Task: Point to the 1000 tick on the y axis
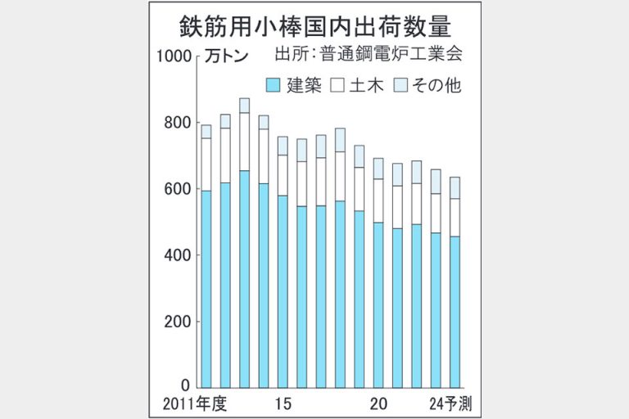coord(174,56)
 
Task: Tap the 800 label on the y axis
coord(178,123)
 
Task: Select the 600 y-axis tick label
coord(178,190)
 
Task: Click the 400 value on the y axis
coord(178,256)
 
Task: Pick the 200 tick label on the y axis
coord(178,322)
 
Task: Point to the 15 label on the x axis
coord(283,403)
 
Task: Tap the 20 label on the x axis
coord(378,403)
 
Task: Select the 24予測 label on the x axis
coord(453,403)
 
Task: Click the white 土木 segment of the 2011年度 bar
coord(206,164)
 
